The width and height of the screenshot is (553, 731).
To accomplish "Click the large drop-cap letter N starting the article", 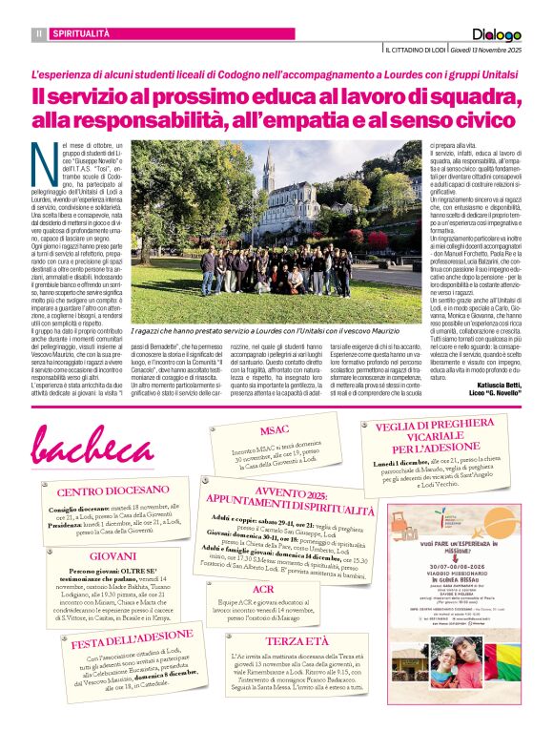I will (43, 158).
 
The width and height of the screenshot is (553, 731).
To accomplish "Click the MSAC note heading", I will (276, 429).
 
